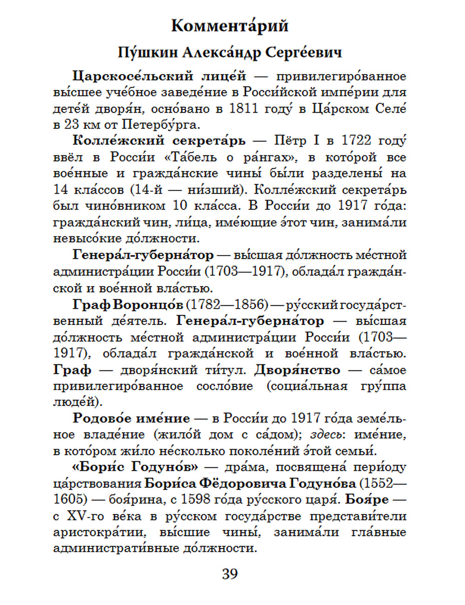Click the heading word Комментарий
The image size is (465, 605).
point(230,25)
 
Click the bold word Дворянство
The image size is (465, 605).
point(298,370)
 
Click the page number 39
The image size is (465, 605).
point(230,574)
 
